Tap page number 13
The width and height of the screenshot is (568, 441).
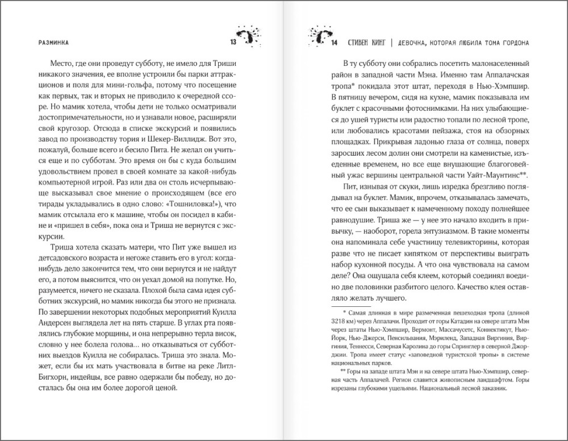point(232,42)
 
